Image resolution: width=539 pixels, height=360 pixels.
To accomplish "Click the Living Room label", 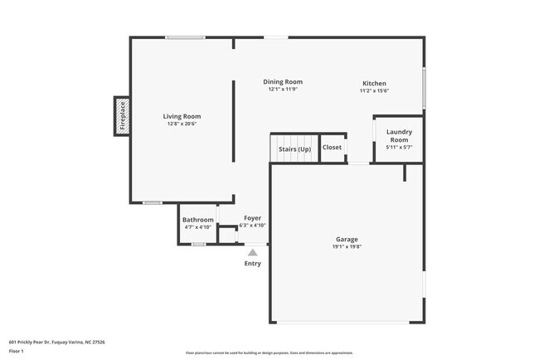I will (181, 116).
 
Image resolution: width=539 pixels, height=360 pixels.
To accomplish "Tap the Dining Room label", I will (283, 81).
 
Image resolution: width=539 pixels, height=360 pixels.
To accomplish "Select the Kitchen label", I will (374, 83).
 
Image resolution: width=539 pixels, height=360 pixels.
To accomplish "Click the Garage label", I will (347, 239).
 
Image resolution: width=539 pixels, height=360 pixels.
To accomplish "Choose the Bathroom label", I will (198, 219).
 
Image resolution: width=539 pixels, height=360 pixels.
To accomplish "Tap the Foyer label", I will (252, 217).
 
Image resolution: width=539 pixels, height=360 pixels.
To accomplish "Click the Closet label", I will (332, 148).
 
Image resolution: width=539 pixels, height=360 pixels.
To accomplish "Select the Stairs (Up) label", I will (294, 148).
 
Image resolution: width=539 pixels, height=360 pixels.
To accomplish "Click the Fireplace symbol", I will (122, 115).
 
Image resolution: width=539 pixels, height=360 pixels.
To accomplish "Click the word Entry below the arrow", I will (252, 264).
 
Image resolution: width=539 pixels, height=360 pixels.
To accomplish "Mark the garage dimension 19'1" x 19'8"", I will (347, 246).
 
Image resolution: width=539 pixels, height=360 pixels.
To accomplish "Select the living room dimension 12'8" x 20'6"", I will (181, 124).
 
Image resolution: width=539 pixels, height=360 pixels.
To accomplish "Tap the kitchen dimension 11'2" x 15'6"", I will (374, 90).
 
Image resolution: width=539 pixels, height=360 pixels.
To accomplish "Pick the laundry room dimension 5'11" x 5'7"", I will (399, 147).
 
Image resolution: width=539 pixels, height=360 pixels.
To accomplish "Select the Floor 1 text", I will (17, 351).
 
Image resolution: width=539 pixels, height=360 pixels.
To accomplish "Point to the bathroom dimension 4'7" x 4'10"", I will (198, 226).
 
